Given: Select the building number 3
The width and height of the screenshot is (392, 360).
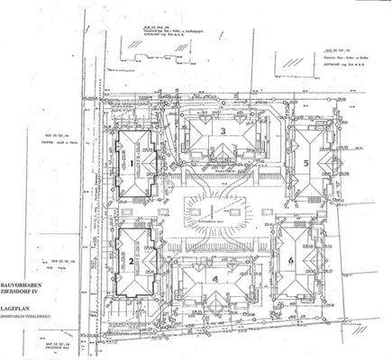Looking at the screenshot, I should [222, 130].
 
